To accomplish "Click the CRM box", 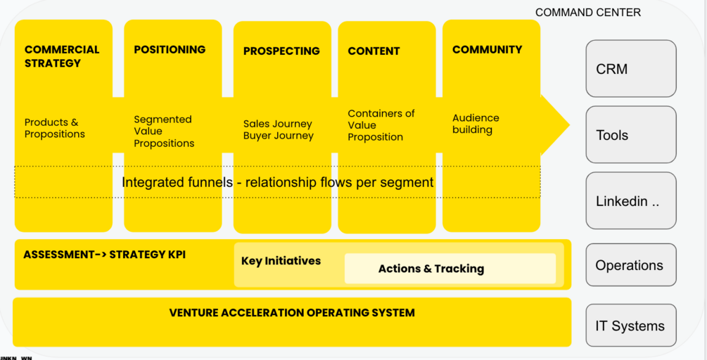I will pyautogui.click(x=630, y=69).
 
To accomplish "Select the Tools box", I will pyautogui.click(x=630, y=135).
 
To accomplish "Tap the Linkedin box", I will pyautogui.click(x=630, y=201).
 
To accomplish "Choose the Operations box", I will pyautogui.click(x=630, y=265).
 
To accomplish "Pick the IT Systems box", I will pyautogui.click(x=630, y=326).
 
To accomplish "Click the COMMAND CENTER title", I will pyautogui.click(x=587, y=13).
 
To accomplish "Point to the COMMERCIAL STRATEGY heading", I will pyautogui.click(x=62, y=56).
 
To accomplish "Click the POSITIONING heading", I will pyautogui.click(x=170, y=50).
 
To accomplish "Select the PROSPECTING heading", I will pyautogui.click(x=281, y=51).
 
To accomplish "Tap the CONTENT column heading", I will pyautogui.click(x=374, y=51).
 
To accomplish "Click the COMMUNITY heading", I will pyautogui.click(x=487, y=50).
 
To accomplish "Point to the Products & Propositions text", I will pyautogui.click(x=55, y=128).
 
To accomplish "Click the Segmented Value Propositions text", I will pyautogui.click(x=164, y=131).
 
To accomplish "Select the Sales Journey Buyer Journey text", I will pyautogui.click(x=279, y=130).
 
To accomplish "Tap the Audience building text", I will pyautogui.click(x=476, y=124).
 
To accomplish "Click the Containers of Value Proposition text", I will pyautogui.click(x=381, y=125).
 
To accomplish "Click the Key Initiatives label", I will pyautogui.click(x=281, y=261).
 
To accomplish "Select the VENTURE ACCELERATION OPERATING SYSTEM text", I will pyautogui.click(x=292, y=313).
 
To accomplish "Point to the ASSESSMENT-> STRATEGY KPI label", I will pyautogui.click(x=104, y=255).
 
